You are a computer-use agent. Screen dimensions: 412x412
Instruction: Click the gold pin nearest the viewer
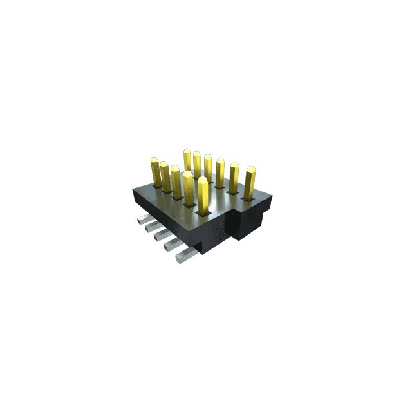[x=203, y=196]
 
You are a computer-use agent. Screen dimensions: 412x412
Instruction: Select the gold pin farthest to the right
[x=249, y=182]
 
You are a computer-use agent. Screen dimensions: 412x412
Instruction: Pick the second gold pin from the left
[x=165, y=176]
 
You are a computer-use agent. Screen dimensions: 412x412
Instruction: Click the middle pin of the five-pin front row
[x=175, y=182]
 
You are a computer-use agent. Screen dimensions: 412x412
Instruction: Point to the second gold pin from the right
[x=234, y=176]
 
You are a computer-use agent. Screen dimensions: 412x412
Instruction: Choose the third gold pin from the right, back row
[x=220, y=173]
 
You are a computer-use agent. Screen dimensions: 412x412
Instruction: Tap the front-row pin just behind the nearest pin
[x=188, y=187]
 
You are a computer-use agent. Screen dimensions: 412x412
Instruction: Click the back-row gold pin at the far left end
[x=187, y=160]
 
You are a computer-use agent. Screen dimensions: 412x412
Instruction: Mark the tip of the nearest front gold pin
[x=203, y=181]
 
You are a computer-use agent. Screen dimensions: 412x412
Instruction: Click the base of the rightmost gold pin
[x=248, y=195]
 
